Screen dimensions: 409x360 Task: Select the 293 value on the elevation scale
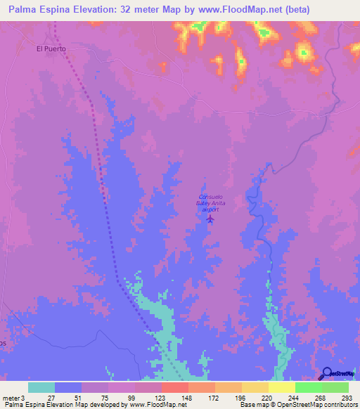(347, 397)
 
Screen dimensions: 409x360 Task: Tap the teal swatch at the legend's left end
(41, 387)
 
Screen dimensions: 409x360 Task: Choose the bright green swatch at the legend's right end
(335, 387)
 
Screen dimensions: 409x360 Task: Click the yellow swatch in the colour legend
(281, 387)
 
